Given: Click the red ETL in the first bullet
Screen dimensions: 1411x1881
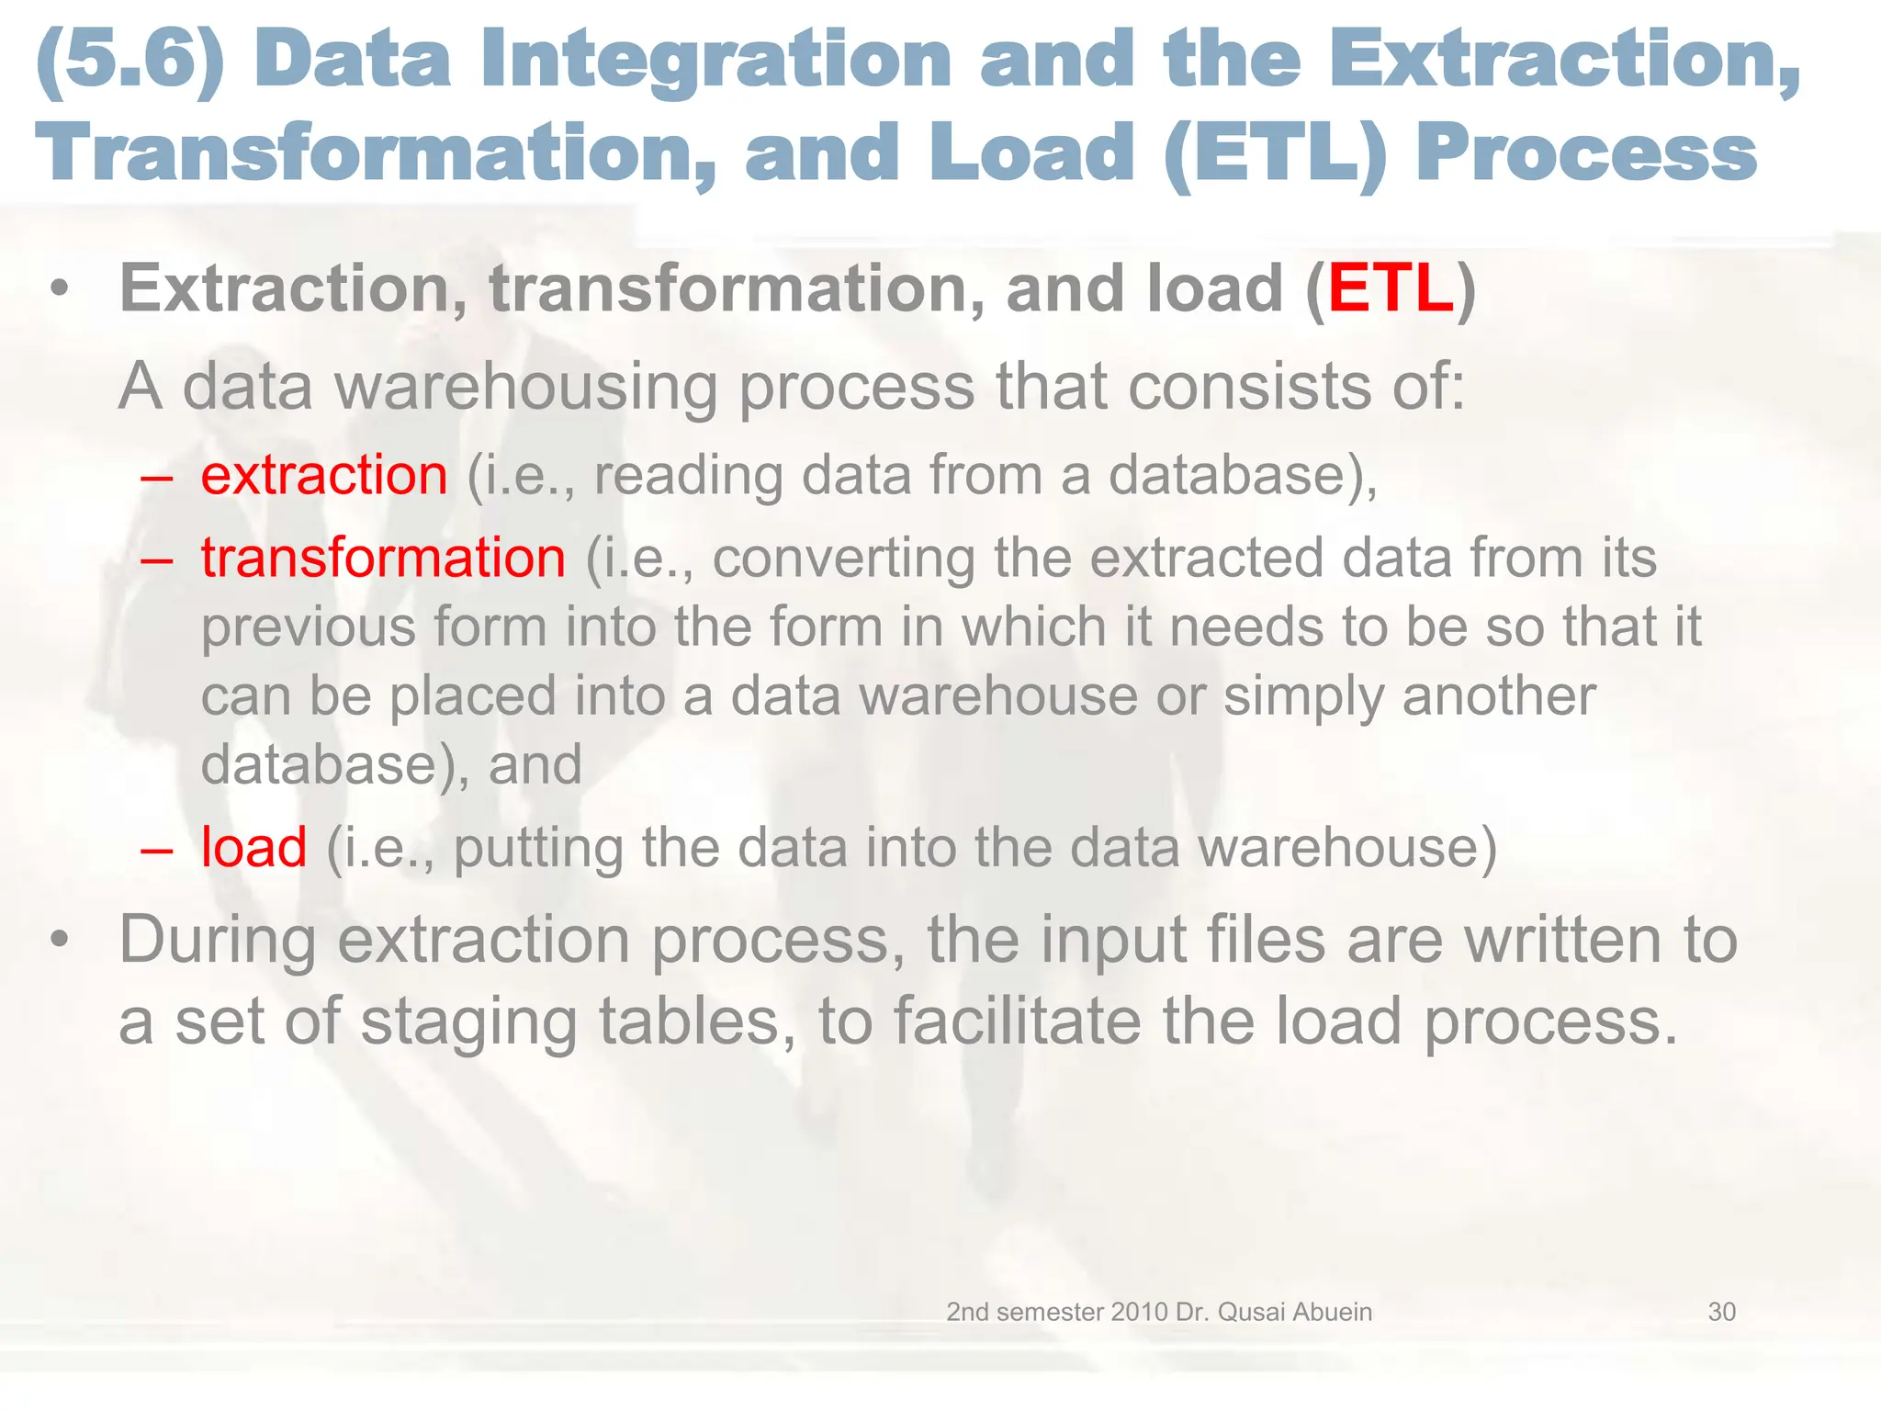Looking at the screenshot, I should coord(1391,289).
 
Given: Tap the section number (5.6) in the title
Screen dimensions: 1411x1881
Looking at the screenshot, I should coord(130,60).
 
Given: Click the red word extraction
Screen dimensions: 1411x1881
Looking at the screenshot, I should coord(324,476).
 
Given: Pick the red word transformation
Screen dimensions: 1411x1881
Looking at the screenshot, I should coord(383,559).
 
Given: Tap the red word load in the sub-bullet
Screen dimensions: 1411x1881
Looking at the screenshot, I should coord(253,847).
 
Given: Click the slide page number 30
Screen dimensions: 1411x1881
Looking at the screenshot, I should coord(1721,1312).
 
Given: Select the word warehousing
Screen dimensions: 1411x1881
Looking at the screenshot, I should coord(525,388).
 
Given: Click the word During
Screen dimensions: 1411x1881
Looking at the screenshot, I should coord(218,941).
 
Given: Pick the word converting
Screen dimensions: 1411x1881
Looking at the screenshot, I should coord(842,559).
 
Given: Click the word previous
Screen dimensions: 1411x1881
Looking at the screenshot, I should coord(308,627).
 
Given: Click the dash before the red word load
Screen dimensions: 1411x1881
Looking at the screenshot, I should coord(157,849).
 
